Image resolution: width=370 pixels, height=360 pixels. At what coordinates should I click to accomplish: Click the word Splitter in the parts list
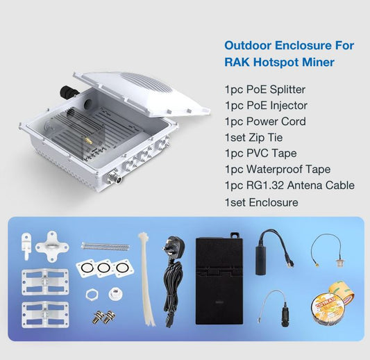(287, 90)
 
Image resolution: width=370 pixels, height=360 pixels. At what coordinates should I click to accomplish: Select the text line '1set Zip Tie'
(253, 138)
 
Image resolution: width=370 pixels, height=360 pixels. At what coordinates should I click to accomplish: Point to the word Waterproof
(274, 170)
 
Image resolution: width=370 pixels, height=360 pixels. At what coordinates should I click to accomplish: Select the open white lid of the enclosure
(142, 92)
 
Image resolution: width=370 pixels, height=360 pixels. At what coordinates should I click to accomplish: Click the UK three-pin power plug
(174, 247)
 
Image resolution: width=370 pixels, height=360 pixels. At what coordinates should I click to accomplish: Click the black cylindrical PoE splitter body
(261, 261)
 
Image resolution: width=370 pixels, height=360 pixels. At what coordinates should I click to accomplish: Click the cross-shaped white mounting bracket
(52, 246)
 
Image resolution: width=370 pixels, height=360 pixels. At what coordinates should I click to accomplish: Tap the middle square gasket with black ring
(103, 268)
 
